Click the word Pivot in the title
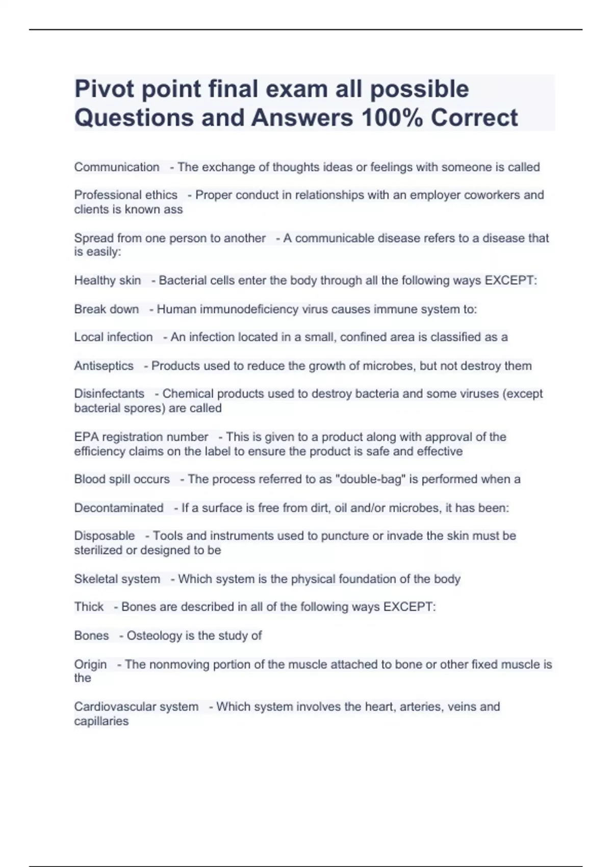coord(104,89)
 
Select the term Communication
coord(117,167)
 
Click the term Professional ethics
coord(125,195)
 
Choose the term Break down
coord(106,309)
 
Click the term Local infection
coord(113,337)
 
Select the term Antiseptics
coord(104,366)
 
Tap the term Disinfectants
coord(109,394)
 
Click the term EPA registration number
coord(141,437)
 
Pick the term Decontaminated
coord(119,508)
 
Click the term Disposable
coord(105,536)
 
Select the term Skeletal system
coord(117,579)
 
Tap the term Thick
coord(89,607)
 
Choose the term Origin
coord(90,665)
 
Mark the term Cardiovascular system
coord(136,707)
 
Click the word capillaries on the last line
coord(101,721)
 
